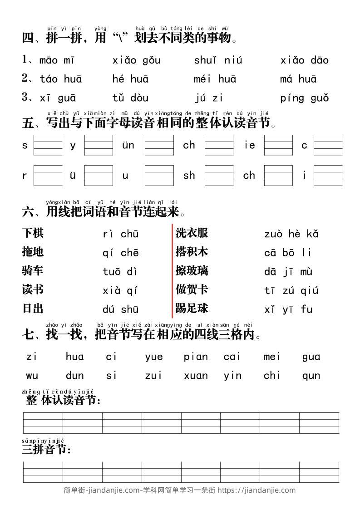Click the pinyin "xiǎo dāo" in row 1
[304, 60]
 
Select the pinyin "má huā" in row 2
[298, 79]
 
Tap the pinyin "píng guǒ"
[304, 98]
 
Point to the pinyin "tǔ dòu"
[130, 98]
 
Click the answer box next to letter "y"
[99, 145]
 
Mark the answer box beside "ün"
[159, 145]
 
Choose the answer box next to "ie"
[278, 145]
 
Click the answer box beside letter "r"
[48, 176]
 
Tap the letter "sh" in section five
[189, 176]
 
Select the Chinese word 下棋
[33, 233]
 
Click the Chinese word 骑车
[33, 271]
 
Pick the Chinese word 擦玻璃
[192, 271]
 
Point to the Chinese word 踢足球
[192, 308]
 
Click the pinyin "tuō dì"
[120, 272]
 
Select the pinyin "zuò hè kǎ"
[291, 234]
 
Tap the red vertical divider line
[172, 271]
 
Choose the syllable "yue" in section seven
[154, 357]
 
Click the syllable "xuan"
[196, 376]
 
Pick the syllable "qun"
[311, 376]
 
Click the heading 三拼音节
[46, 450]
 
